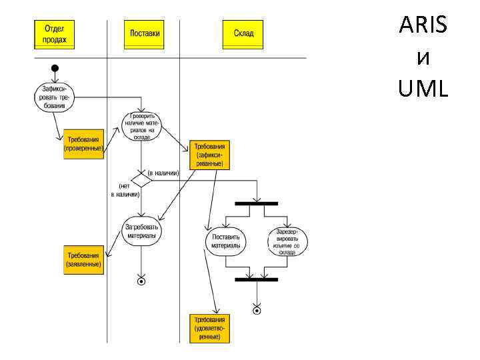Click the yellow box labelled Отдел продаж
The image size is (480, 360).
[55, 34]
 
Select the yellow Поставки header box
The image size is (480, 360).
[143, 34]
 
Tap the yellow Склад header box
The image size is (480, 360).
[243, 34]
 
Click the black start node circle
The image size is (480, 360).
[55, 68]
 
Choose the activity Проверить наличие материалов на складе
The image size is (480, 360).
[141, 125]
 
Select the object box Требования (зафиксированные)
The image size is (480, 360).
[209, 155]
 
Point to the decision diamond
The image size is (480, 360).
[141, 180]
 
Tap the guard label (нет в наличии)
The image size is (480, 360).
[125, 190]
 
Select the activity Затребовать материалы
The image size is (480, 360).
[141, 231]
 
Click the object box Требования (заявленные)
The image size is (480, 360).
[83, 260]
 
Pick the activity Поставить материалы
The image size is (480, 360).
[225, 241]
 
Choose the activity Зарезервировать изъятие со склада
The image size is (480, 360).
[287, 241]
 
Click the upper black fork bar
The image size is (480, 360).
[256, 203]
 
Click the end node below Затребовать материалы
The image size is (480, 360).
[141, 281]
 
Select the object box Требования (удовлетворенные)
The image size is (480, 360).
[210, 328]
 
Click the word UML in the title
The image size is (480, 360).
[423, 87]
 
